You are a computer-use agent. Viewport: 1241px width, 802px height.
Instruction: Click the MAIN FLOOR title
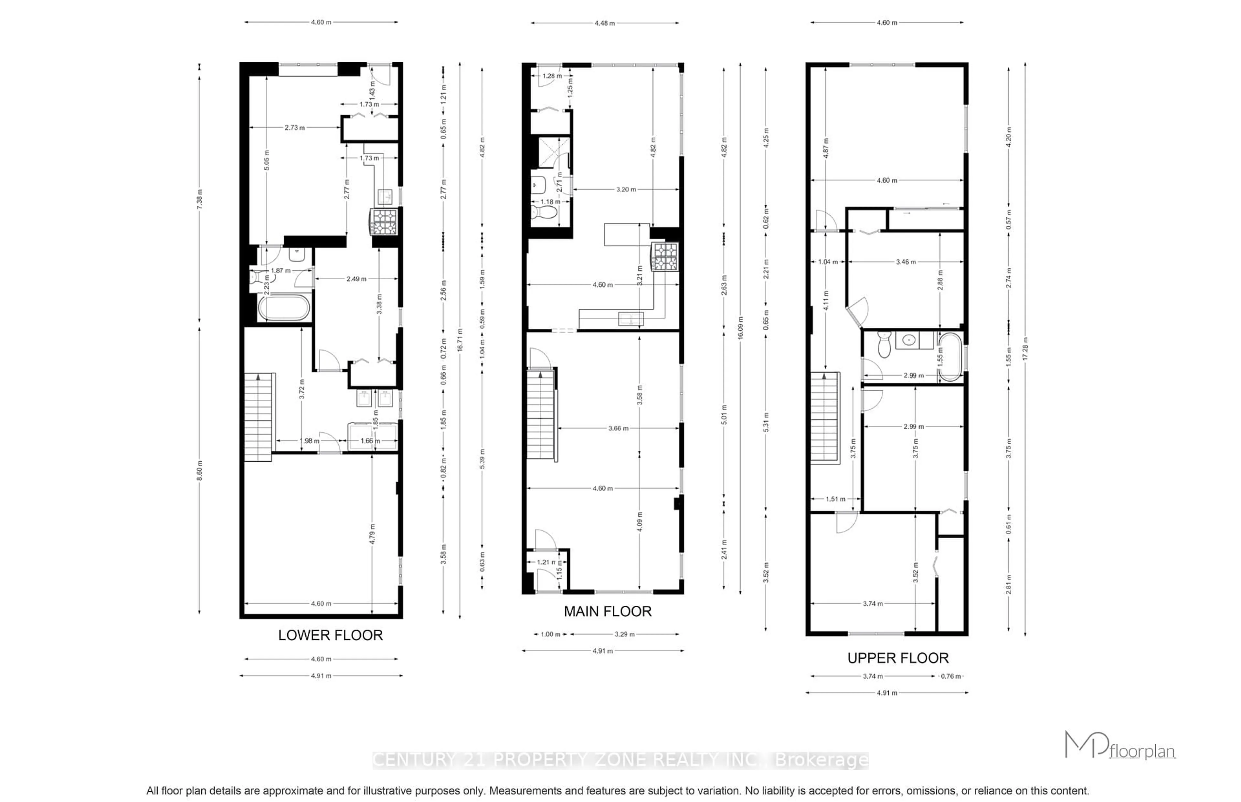coord(607,612)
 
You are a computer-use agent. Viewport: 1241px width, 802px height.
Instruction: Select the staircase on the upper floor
coord(824,416)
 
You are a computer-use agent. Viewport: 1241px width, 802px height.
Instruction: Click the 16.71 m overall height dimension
coord(460,340)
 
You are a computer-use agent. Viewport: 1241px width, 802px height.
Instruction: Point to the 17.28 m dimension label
coord(1025,349)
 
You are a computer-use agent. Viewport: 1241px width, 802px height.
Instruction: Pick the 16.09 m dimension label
coord(740,328)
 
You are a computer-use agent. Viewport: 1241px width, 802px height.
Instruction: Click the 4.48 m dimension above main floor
coord(605,23)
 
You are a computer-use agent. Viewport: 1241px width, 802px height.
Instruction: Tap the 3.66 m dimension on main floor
coord(618,428)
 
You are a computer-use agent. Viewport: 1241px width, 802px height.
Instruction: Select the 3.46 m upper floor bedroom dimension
coord(905,262)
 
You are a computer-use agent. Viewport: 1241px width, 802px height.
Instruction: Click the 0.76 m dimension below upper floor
coord(949,676)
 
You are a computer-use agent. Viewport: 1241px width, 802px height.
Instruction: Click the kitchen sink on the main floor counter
coord(630,318)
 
